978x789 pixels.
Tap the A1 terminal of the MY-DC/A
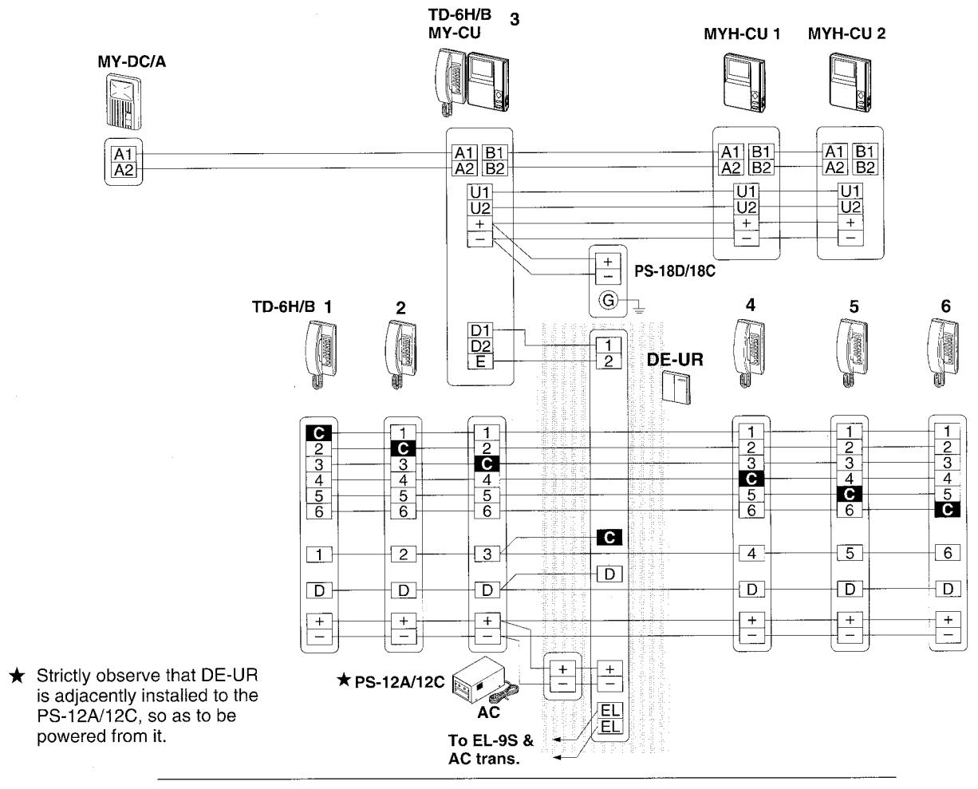click(x=124, y=154)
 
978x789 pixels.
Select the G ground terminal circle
click(x=608, y=301)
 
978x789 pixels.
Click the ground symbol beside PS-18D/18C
click(x=639, y=310)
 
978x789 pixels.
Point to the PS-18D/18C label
click(x=674, y=271)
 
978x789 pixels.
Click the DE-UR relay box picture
click(x=676, y=387)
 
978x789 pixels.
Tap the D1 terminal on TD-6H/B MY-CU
click(x=480, y=330)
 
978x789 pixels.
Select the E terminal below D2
click(x=480, y=361)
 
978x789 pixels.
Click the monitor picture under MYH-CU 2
click(x=850, y=83)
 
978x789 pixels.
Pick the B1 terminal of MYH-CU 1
click(x=760, y=152)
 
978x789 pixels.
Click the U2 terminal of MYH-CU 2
click(x=850, y=207)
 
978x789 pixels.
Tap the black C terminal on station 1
click(x=319, y=433)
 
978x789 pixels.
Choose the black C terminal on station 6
click(x=947, y=510)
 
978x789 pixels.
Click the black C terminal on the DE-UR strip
click(x=609, y=538)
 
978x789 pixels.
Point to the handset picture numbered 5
click(x=852, y=353)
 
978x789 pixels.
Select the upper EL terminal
click(x=609, y=710)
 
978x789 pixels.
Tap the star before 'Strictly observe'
click(x=17, y=676)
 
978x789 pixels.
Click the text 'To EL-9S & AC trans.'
click(x=491, y=749)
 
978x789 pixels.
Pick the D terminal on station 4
click(x=751, y=590)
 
